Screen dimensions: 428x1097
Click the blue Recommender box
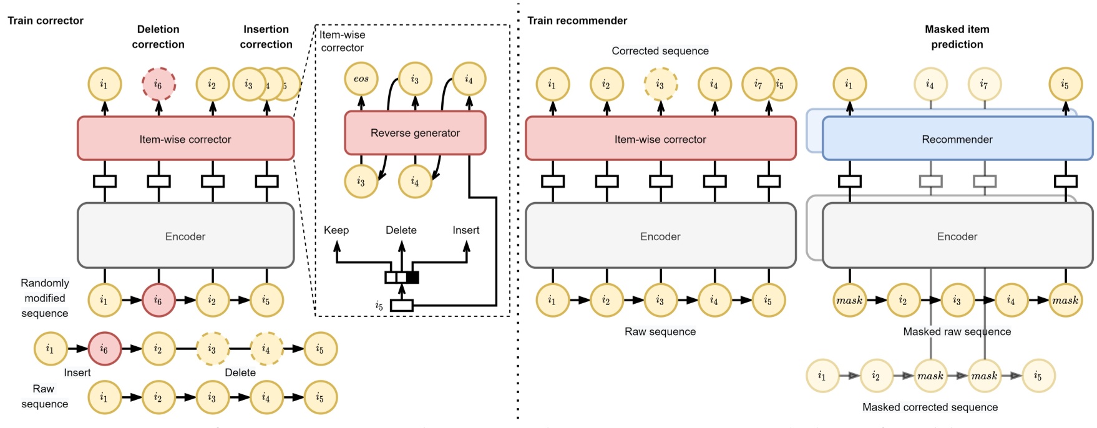click(x=957, y=139)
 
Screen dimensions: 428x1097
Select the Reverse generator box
click(x=415, y=133)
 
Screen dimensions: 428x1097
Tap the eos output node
click(x=361, y=79)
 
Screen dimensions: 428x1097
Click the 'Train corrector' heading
click(x=46, y=21)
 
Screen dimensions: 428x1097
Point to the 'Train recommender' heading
click(x=577, y=21)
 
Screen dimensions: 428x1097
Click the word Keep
click(x=336, y=230)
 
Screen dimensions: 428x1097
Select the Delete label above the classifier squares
click(x=401, y=230)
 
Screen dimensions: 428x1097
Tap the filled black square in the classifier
click(x=412, y=278)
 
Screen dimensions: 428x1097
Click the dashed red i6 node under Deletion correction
click(x=158, y=84)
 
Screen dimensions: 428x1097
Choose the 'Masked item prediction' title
click(x=957, y=37)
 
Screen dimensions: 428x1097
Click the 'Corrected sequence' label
click(x=660, y=51)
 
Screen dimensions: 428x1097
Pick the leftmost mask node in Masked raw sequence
click(x=849, y=300)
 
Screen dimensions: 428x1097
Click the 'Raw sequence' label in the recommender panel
click(x=660, y=332)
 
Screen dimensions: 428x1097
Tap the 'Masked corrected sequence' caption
click(x=930, y=407)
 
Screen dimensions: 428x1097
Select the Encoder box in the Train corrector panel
click(x=185, y=236)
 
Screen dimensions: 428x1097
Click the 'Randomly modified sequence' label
click(x=45, y=298)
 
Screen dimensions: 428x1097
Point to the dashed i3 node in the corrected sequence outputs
click(x=660, y=84)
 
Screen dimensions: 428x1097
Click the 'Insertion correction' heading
click(x=266, y=37)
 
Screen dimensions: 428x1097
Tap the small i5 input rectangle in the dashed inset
click(x=401, y=305)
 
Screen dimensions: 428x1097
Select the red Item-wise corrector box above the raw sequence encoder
click(x=660, y=139)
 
